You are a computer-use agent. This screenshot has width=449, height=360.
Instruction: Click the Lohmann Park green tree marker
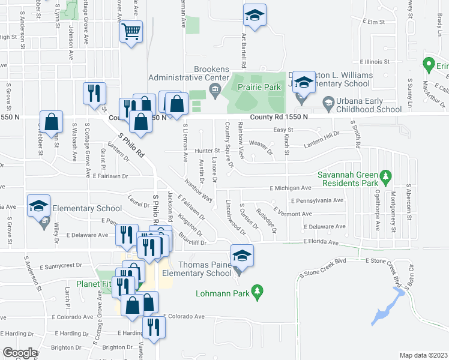(258, 292)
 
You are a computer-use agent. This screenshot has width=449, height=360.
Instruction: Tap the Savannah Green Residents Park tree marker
(387, 177)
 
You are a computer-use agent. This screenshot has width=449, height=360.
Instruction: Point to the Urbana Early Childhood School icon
(328, 103)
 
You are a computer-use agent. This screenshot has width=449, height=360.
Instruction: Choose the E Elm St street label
(373, 22)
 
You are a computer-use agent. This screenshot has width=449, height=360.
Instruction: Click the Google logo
(20, 352)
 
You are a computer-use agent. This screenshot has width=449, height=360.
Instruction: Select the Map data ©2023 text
(423, 355)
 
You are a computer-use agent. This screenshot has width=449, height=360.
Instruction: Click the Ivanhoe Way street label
(198, 188)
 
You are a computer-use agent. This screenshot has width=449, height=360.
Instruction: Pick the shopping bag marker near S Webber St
(52, 122)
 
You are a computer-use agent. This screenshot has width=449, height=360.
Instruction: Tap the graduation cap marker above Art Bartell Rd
(255, 16)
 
